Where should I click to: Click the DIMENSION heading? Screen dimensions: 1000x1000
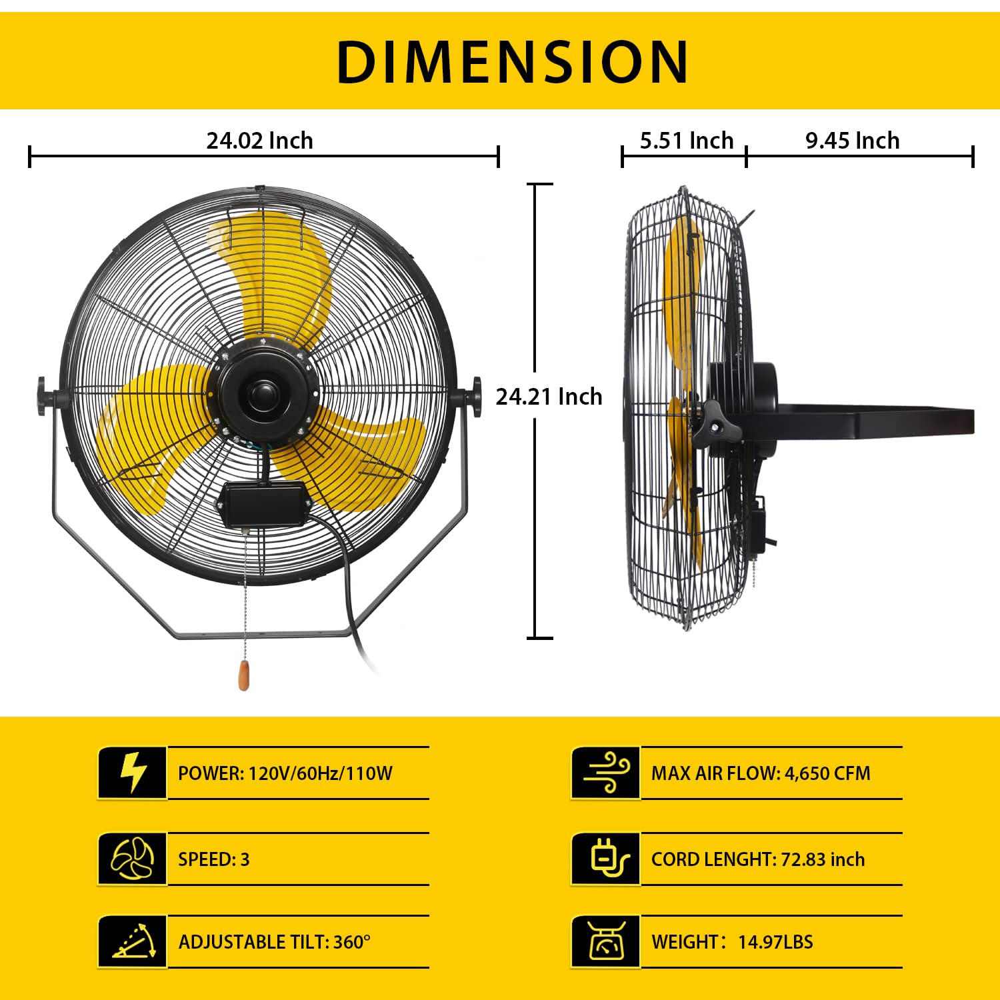click(512, 61)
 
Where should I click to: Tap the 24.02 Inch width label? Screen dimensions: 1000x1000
click(259, 141)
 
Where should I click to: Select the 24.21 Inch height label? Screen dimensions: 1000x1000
click(549, 397)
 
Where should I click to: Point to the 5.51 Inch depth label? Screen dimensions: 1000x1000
click(686, 141)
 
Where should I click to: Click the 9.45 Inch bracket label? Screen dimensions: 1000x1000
click(852, 141)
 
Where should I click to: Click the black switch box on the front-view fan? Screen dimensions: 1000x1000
click(263, 504)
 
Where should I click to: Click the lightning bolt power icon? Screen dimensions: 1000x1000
click(133, 773)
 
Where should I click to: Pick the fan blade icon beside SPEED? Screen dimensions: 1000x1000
click(133, 859)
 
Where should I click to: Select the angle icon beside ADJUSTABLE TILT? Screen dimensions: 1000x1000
click(133, 941)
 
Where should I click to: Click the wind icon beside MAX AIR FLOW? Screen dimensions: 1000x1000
click(606, 773)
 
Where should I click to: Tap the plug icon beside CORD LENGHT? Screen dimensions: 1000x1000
click(606, 859)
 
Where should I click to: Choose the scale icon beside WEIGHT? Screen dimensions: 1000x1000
click(606, 941)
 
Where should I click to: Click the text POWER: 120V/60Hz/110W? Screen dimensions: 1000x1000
click(285, 773)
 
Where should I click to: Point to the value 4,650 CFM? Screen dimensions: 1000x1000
click(827, 773)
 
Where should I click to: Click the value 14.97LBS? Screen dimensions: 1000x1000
click(775, 942)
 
